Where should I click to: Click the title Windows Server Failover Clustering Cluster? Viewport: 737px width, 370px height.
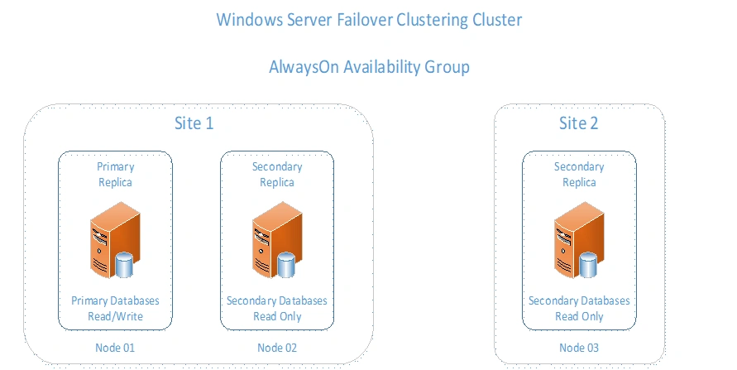(x=369, y=19)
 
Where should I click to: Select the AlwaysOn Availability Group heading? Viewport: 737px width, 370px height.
(x=369, y=67)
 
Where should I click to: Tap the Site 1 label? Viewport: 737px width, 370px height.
(x=194, y=123)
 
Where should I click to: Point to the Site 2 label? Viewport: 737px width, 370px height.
(x=578, y=123)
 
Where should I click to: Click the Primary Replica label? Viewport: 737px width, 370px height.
(x=115, y=174)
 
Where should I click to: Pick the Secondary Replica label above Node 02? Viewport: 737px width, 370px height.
(x=276, y=174)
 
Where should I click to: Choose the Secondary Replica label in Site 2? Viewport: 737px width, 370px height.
(x=578, y=174)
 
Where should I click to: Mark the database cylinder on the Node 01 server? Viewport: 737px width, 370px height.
(x=124, y=265)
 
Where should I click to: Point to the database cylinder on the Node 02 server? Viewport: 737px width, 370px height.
(x=286, y=265)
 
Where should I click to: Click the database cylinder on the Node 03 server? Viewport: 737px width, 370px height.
(x=588, y=265)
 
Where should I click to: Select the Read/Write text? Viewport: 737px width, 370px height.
(x=115, y=316)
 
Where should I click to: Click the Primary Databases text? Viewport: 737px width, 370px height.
(x=115, y=300)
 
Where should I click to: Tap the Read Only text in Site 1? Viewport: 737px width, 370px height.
(x=276, y=316)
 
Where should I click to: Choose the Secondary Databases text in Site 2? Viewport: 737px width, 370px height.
(x=578, y=300)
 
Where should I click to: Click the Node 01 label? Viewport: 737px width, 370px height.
(x=115, y=347)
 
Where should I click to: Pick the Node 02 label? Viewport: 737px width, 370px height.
(x=276, y=347)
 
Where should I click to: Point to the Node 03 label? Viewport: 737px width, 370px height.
(x=578, y=347)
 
